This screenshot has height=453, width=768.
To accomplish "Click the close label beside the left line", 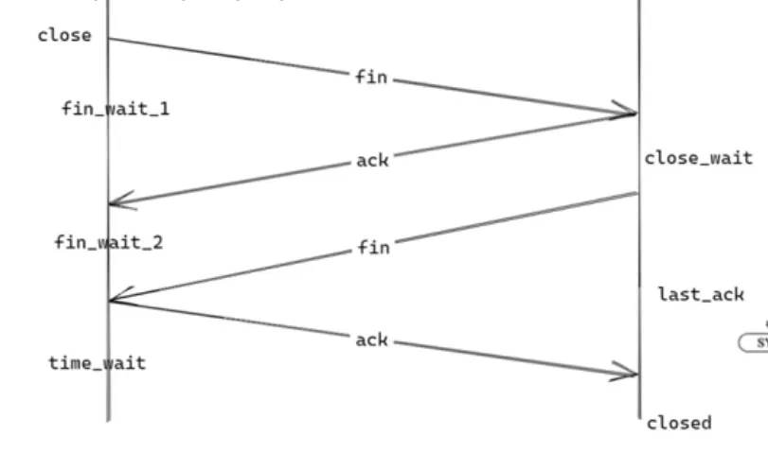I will click(64, 36).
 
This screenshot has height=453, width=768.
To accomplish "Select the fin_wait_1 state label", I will click(116, 109).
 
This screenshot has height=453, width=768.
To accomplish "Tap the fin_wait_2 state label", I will click(108, 243).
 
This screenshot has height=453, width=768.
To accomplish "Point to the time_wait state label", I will click(97, 363).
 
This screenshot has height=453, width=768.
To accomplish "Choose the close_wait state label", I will click(698, 158).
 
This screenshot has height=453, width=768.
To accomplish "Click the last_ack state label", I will click(701, 295).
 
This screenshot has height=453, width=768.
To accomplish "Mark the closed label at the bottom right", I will click(678, 423).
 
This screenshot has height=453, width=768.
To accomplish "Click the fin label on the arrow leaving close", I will click(371, 78).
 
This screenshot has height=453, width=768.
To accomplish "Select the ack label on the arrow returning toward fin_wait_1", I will click(372, 161).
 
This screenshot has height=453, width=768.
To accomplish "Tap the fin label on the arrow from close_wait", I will click(373, 248).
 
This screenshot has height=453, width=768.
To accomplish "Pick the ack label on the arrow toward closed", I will click(372, 340).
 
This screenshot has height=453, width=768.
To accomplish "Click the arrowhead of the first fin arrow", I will click(631, 113).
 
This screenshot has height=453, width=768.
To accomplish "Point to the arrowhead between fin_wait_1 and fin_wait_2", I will click(116, 202).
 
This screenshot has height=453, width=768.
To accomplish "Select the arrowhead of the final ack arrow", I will click(631, 375).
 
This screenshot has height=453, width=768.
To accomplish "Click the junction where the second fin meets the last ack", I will click(110, 301).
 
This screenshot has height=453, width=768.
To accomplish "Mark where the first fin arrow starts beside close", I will click(108, 39).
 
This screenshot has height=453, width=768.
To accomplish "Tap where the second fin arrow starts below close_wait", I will click(637, 194).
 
